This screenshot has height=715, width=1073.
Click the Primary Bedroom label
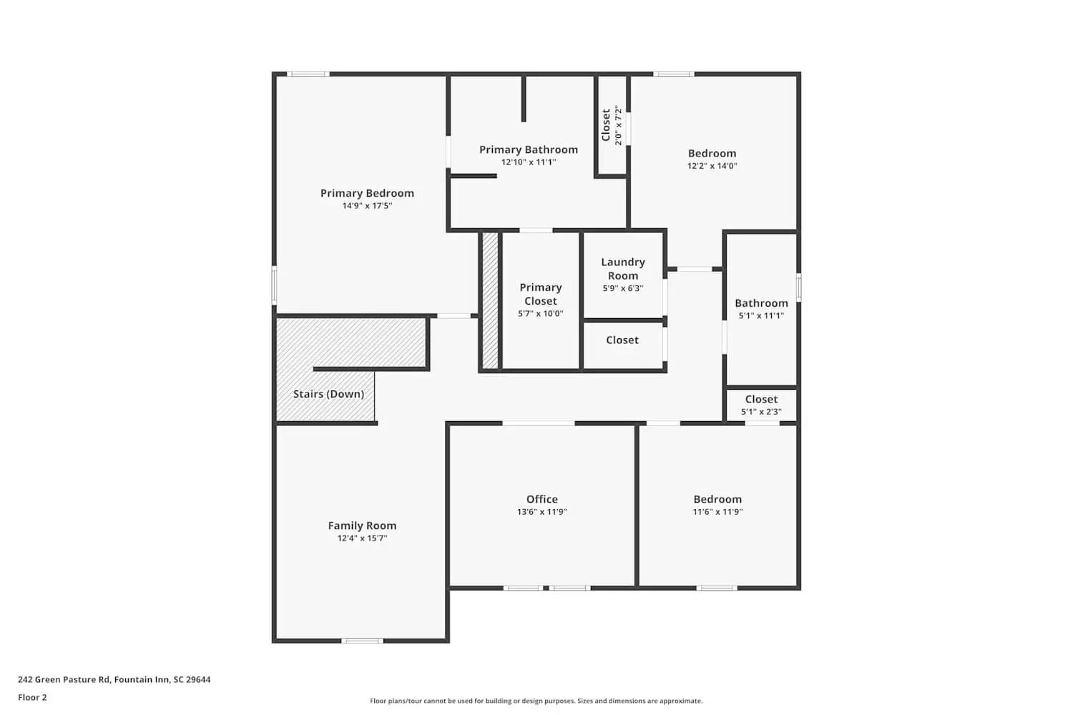click(x=367, y=193)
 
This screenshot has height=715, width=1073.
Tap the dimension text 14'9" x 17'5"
click(x=367, y=206)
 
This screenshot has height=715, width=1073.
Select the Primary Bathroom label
click(x=529, y=149)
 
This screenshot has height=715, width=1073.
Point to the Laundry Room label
click(x=623, y=269)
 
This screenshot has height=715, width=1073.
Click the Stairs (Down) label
click(x=328, y=394)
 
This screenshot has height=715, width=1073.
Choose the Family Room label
click(x=362, y=526)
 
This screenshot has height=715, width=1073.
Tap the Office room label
click(x=542, y=499)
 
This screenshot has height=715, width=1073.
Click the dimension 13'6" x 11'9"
click(x=542, y=512)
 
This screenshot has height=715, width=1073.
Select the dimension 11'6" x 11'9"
click(x=717, y=512)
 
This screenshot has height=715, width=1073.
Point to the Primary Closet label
click(x=541, y=294)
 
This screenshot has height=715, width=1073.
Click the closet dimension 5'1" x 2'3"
click(x=761, y=412)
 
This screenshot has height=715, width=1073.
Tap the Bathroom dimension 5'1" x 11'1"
click(x=761, y=315)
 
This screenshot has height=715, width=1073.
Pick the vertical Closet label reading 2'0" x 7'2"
click(x=612, y=125)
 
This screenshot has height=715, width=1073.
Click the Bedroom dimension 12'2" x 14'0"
click(x=712, y=166)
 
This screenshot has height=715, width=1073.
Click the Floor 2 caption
click(x=32, y=697)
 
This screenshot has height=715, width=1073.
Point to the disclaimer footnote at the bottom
click(x=536, y=701)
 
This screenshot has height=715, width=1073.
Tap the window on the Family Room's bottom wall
click(x=362, y=641)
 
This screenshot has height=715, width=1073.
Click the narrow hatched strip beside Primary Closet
click(x=490, y=300)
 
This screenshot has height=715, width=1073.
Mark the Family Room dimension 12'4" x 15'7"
click(x=362, y=538)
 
